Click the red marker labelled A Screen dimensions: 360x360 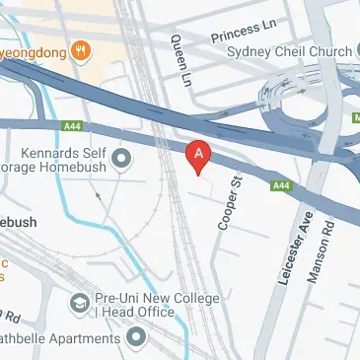pos(200,155)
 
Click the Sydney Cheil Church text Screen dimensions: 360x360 pos(289,51)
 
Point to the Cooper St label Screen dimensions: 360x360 pos(230,201)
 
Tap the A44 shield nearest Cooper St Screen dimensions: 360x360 pos(282,184)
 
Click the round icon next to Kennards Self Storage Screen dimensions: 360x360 pos(122,158)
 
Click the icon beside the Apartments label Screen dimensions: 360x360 pos(135,338)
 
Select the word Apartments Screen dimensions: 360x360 pos(90,338)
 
